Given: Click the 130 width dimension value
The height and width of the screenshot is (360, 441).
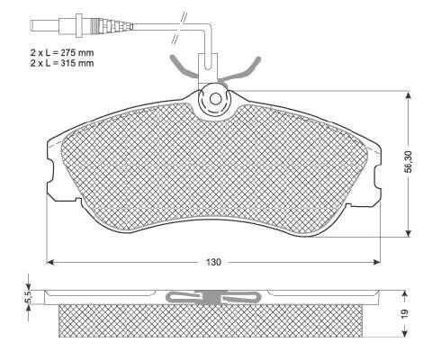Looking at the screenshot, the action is point(213,262).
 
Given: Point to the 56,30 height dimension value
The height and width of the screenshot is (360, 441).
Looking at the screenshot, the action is point(409,162).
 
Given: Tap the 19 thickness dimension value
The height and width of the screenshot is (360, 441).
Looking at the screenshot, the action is point(405,313).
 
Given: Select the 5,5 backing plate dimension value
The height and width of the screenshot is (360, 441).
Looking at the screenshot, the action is point(28,297).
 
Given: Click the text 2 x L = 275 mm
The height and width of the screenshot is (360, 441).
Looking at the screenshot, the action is point(62,53).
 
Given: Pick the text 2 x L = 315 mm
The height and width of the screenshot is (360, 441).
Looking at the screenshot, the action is point(62,63).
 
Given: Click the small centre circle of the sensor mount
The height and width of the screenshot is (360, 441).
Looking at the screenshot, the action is point(215,99).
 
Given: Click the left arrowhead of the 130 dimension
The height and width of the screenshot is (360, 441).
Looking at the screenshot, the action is point(50,262).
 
